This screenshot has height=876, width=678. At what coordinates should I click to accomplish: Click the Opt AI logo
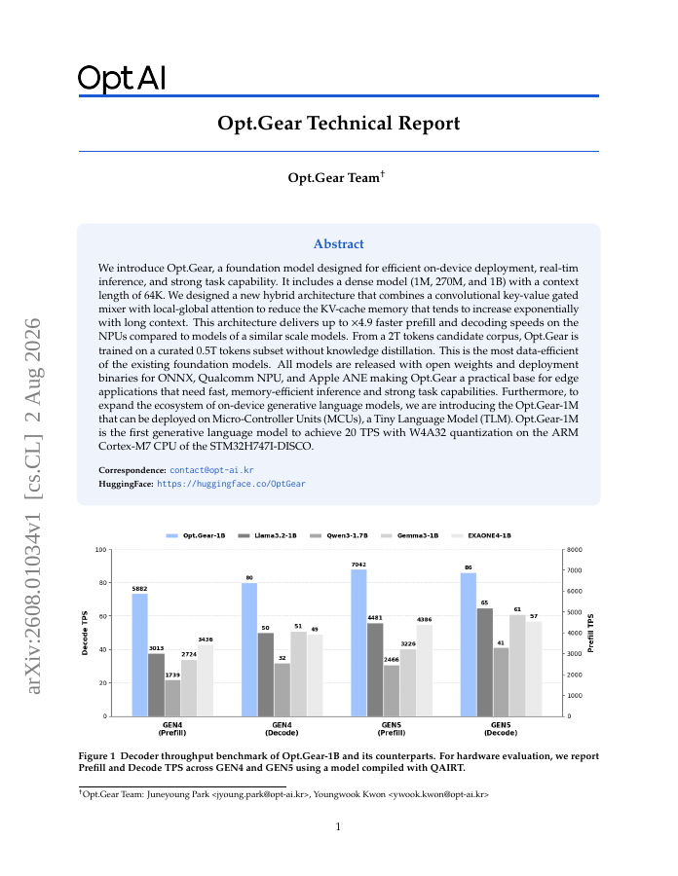(x=122, y=78)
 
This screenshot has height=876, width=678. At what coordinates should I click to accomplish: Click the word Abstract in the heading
(x=338, y=244)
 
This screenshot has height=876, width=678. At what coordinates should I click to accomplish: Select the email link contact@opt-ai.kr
(x=211, y=470)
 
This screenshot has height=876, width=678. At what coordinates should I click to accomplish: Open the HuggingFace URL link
(x=231, y=484)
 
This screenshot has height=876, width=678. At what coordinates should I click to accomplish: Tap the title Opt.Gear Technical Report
(x=338, y=123)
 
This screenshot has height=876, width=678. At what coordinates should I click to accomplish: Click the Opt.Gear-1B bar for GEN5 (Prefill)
(x=358, y=642)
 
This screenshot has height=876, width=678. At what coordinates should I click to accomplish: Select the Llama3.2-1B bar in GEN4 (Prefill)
(x=156, y=685)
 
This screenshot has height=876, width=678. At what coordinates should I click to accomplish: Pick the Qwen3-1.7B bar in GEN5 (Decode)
(x=501, y=681)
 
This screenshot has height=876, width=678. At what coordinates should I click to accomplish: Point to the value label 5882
(x=139, y=589)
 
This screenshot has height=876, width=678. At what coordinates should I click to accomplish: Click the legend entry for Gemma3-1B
(x=410, y=535)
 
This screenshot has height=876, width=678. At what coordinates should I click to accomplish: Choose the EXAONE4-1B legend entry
(x=481, y=535)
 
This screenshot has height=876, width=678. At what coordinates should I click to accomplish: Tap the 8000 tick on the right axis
(x=575, y=550)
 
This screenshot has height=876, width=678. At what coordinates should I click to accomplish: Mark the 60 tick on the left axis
(x=103, y=616)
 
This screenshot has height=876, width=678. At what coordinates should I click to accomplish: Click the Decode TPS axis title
(x=85, y=633)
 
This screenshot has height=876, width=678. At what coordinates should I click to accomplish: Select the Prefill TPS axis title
(x=590, y=633)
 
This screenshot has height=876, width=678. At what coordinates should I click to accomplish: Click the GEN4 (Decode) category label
(x=282, y=729)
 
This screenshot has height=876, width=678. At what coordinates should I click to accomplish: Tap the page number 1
(x=338, y=826)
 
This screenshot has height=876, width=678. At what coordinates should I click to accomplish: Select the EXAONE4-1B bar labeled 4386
(x=425, y=671)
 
